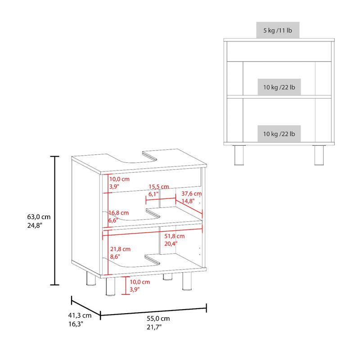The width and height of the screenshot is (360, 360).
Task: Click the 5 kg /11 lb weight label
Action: point(278,30)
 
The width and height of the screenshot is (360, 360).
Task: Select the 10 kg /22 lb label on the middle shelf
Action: point(279,87)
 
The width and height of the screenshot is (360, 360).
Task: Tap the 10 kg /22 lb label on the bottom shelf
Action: point(279,134)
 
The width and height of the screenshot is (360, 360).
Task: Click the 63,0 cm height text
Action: point(39,217)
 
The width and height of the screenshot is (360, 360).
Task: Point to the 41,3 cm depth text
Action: point(80,315)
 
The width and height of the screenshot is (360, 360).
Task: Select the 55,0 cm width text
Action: point(158,319)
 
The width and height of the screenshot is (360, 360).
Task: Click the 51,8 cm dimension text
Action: point(175,236)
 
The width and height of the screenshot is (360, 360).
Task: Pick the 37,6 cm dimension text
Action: point(192,193)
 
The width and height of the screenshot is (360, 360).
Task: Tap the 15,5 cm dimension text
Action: point(159,187)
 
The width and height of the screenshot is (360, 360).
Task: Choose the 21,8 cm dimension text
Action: point(120,249)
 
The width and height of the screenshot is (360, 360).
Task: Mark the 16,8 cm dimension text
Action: point(118,213)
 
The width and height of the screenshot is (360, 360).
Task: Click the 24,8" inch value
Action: point(35,225)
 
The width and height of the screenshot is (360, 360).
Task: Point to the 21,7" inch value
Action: point(154,327)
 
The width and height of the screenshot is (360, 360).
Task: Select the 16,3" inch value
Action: point(76,324)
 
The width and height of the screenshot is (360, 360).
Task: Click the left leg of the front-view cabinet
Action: point(239,155)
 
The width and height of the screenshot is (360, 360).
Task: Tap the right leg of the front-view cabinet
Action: point(319,155)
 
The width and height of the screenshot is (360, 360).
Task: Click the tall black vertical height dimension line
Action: point(54,220)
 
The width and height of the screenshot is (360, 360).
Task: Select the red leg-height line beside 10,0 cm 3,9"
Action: point(126,285)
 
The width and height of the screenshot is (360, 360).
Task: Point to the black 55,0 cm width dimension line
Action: point(153,312)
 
